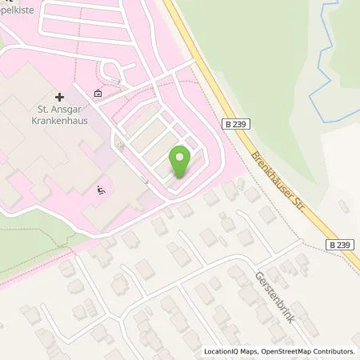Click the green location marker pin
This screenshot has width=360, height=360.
(x=179, y=162)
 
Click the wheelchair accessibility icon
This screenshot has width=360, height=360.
(x=101, y=190)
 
